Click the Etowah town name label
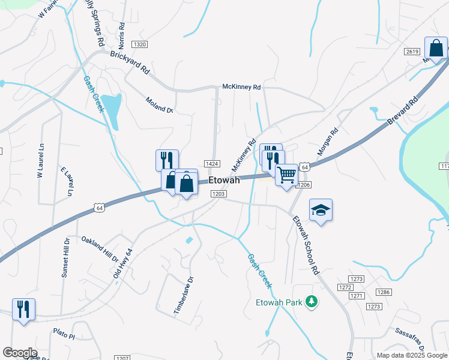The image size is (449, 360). coord(224,180)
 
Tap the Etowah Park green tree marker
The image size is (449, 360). coord(311,301)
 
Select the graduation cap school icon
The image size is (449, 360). coord(321,210)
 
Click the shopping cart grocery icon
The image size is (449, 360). coord(288,175)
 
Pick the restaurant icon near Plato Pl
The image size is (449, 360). coord(23,310)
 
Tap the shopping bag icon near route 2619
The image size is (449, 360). coord(436,48)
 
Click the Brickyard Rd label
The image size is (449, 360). coord(130,62)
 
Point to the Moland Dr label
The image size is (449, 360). coord(159,106)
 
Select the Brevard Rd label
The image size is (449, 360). coord(402,112)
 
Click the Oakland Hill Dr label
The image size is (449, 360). coord(100,248)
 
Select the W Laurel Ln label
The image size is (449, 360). coord(41,160)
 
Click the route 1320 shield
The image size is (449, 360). coord(140,44)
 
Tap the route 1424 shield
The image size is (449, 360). coord(211,164)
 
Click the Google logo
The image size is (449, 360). coord(20,353)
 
